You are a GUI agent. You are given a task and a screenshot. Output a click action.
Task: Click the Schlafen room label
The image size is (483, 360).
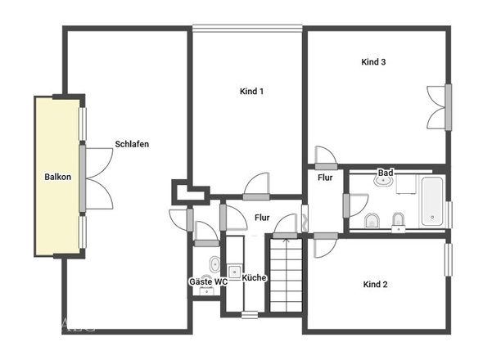(x=132, y=144)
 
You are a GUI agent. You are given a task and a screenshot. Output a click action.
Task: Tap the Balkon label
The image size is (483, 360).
(x=57, y=177)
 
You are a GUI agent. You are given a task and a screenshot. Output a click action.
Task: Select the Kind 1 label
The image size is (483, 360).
(x=251, y=91)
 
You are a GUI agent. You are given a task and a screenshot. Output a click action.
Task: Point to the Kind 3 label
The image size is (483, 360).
(x=373, y=62)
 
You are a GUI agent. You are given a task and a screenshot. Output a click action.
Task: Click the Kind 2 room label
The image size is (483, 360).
(x=375, y=284)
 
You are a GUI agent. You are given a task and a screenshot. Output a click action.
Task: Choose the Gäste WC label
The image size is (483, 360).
(x=208, y=281)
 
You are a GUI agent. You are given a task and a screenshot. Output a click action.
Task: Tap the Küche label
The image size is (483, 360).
(x=254, y=278)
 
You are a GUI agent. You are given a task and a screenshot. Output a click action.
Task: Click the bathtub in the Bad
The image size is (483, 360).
(x=432, y=201)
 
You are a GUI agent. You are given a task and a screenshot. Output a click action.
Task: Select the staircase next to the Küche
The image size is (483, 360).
(x=286, y=275)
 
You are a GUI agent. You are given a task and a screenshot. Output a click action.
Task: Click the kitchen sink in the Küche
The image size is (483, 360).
(x=235, y=272)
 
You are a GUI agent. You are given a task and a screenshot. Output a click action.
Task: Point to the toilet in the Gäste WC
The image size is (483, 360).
(x=214, y=264)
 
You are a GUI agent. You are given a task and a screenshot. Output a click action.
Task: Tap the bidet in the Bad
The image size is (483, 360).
(x=399, y=219)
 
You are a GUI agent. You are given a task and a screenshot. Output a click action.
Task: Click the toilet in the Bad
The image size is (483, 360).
(x=372, y=220)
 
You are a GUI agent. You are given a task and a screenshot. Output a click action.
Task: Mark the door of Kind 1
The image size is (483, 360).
(x=256, y=187)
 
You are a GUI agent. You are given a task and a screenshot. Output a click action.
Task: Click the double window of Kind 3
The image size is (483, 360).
(x=440, y=107)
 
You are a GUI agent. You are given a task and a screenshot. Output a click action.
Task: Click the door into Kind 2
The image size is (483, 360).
(x=326, y=245)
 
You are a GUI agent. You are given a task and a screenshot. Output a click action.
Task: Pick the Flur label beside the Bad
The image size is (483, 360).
(x=325, y=178)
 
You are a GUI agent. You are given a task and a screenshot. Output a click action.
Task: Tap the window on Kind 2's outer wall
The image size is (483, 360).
(x=448, y=260)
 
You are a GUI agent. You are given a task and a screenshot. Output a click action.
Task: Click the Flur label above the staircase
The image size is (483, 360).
(x=262, y=218)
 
